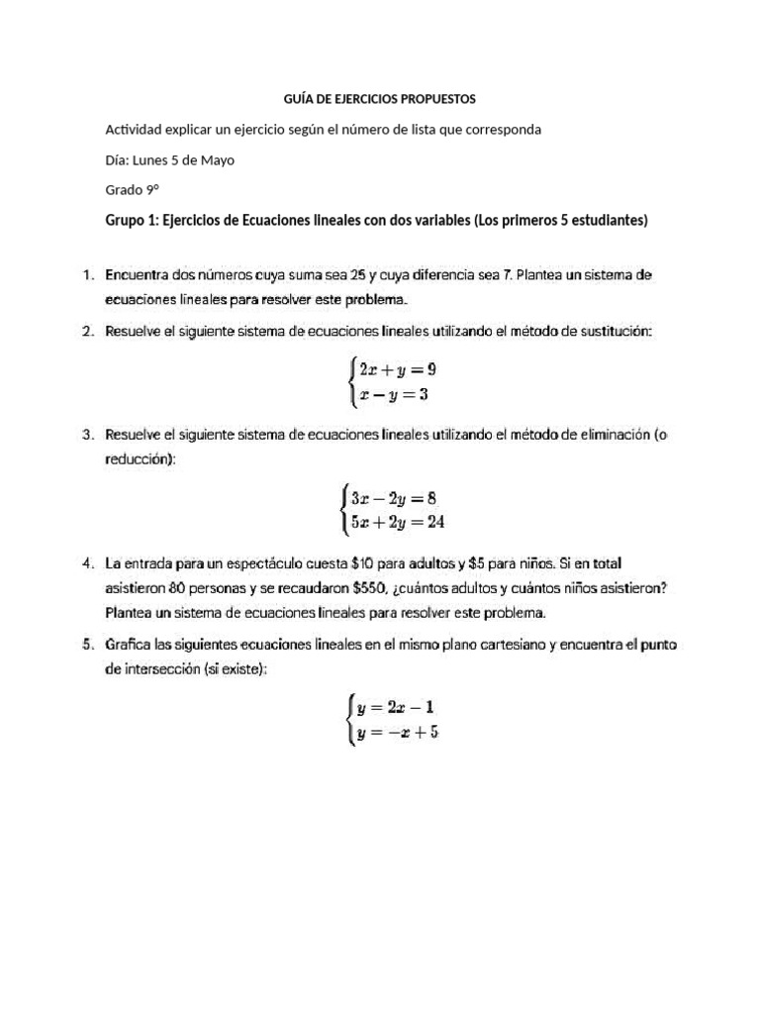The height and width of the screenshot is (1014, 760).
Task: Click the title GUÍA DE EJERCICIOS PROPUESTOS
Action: click(379, 99)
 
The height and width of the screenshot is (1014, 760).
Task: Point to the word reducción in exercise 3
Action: click(140, 457)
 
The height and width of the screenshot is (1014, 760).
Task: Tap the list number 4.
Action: click(87, 564)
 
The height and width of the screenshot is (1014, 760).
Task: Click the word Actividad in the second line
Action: click(138, 130)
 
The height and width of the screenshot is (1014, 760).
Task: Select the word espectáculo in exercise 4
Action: click(259, 564)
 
